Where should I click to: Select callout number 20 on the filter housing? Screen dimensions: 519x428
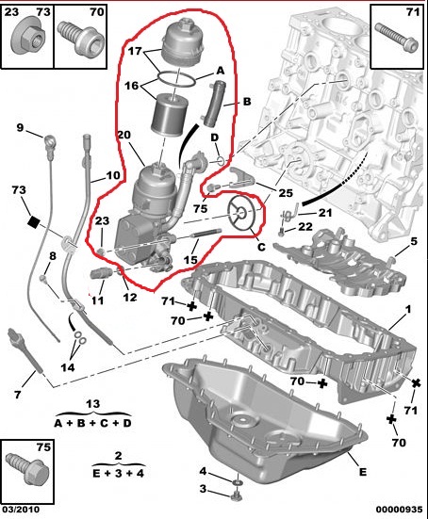(123, 135)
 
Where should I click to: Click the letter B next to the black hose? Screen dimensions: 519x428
(235, 100)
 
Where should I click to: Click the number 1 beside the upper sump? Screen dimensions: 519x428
(408, 310)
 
